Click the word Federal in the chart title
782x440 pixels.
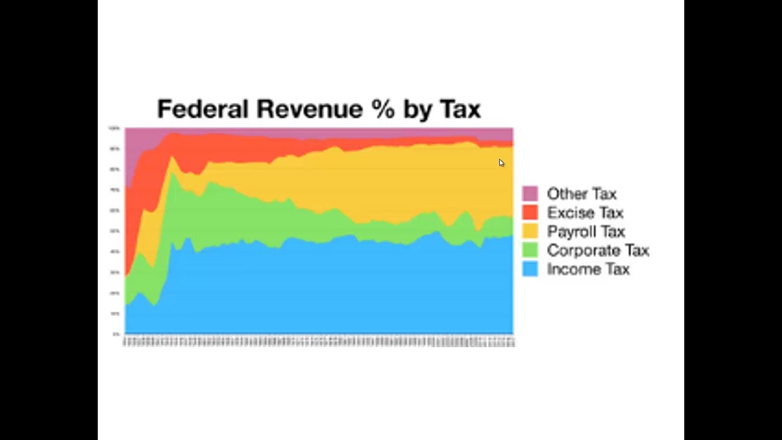coord(203,109)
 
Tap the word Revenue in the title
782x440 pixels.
coord(309,109)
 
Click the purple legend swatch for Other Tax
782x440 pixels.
coord(530,194)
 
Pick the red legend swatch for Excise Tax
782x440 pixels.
coord(530,213)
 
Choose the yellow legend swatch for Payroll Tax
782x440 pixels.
coord(530,232)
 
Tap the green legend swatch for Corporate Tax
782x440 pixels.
coord(530,251)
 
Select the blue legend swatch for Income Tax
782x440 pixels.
coord(530,269)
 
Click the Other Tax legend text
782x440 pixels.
coord(582,194)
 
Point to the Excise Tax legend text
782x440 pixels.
coord(585,213)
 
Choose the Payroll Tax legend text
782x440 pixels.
coord(586,232)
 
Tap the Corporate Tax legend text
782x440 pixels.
coord(597,251)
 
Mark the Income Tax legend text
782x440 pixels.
coord(588,269)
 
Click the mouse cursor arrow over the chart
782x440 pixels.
coord(502,163)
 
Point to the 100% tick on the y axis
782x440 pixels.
coord(114,128)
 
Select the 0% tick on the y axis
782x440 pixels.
coord(115,334)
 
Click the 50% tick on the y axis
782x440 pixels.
coord(115,231)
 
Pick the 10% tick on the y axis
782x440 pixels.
coord(115,313)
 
